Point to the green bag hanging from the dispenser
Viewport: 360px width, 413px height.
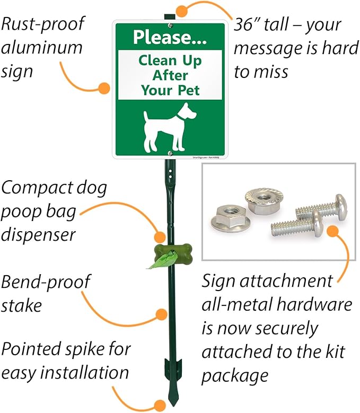[x=157, y=261]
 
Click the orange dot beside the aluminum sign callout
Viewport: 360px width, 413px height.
[x=104, y=88]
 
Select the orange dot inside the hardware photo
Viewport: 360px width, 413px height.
[x=332, y=231]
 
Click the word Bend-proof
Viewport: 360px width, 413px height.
[x=45, y=282]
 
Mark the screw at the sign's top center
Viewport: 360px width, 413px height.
[x=169, y=24]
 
